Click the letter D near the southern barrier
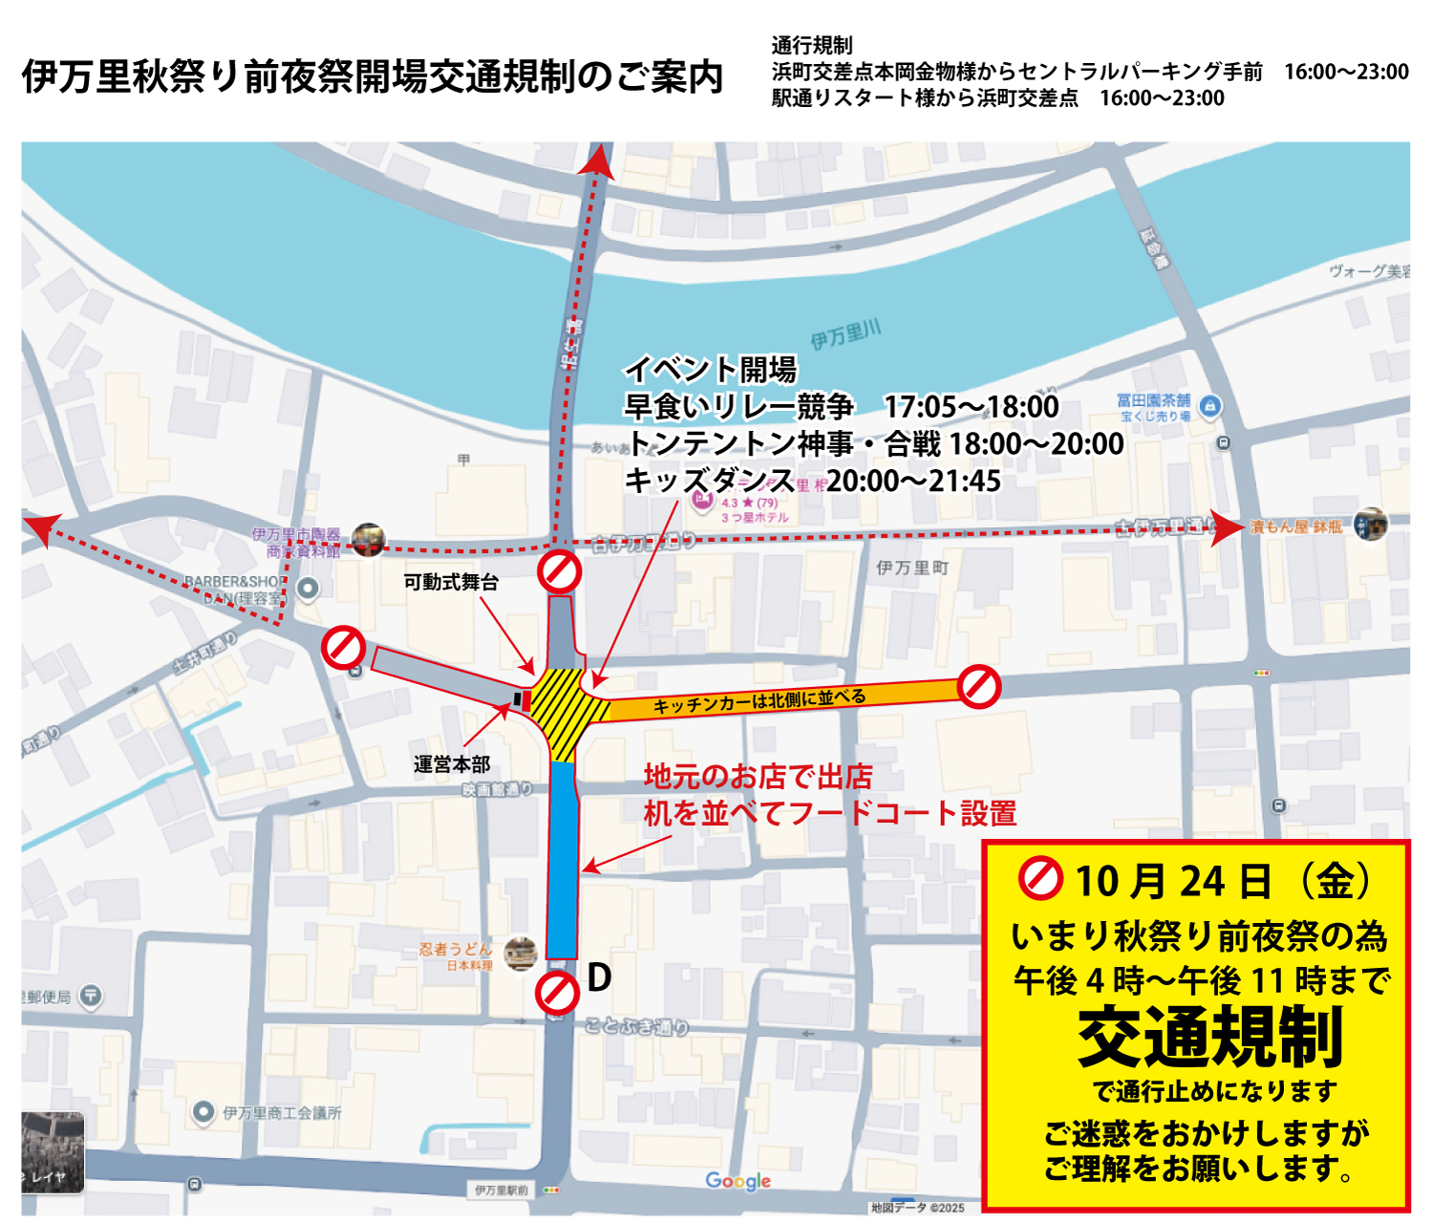click(599, 977)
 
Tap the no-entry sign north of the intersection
click(559, 571)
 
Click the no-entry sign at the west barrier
click(343, 648)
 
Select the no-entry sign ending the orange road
click(979, 686)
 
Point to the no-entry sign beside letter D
click(557, 993)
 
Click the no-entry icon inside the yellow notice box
click(1040, 878)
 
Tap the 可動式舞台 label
click(451, 582)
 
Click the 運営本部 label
click(452, 764)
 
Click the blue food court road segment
click(563, 860)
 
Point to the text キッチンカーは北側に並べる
click(759, 701)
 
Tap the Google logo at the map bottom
click(738, 1181)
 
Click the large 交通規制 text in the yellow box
click(1210, 1038)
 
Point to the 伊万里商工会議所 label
click(282, 1113)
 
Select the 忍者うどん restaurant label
click(456, 950)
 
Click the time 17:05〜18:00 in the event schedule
click(971, 407)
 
